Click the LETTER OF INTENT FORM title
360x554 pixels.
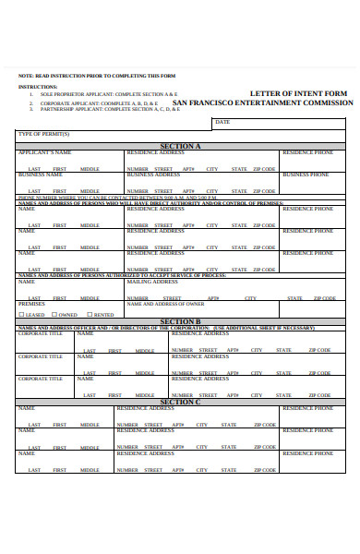[x=298, y=93]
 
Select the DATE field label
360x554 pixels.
[x=222, y=121]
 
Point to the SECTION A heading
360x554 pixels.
[x=181, y=146]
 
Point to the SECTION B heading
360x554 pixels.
[x=181, y=321]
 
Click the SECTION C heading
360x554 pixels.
[x=181, y=402]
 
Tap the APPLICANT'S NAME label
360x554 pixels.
[x=44, y=151]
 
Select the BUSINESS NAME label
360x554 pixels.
[x=42, y=175]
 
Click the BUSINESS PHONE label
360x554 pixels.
[x=307, y=175]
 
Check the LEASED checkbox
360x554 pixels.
[x=20, y=315]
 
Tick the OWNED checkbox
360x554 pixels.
[x=54, y=315]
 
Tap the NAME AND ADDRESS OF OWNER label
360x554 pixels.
[x=165, y=304]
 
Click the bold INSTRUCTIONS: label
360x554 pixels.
[x=37, y=86]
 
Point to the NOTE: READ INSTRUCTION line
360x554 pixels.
[x=96, y=75]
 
